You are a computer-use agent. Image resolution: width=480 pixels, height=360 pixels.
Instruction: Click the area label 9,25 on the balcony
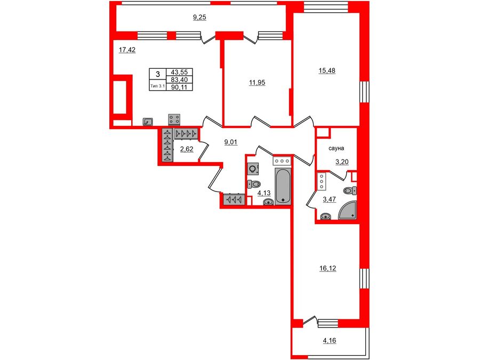point(199,18)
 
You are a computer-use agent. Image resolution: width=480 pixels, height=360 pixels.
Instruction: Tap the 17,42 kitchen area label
point(126,50)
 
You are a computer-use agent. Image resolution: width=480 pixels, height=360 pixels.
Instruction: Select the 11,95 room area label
point(257,83)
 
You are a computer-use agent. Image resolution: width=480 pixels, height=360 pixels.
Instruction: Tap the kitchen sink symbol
point(148,122)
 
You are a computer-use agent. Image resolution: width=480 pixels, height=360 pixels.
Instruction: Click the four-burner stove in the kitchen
point(174,119)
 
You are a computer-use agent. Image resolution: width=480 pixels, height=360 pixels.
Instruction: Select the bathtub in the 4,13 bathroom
point(283,187)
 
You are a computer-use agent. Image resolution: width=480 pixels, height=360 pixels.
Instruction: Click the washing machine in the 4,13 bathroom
point(253,169)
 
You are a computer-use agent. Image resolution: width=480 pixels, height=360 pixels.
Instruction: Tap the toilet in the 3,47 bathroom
point(349,190)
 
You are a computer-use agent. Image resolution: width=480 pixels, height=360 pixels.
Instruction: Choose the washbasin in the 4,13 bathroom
point(268,202)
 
